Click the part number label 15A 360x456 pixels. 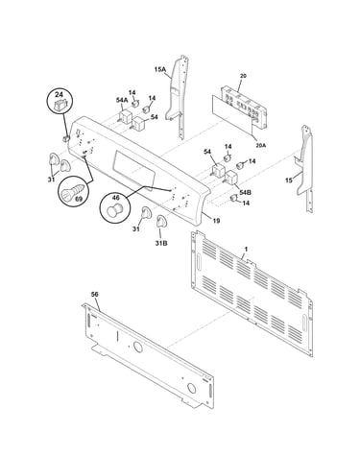(159, 69)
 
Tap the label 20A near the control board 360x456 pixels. (261, 145)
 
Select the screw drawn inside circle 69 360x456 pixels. (73, 191)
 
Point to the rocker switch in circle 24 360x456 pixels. (60, 105)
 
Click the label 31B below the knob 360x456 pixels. (161, 244)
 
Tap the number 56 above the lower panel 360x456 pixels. (95, 294)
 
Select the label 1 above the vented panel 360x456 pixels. (246, 249)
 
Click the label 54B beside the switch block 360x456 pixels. (245, 192)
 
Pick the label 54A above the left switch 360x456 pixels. (122, 100)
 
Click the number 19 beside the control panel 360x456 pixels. (216, 221)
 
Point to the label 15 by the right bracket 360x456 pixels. (289, 180)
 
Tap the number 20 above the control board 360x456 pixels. (243, 76)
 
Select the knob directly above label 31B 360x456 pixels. (160, 222)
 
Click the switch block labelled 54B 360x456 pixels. (231, 179)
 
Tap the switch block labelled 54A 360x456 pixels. (124, 116)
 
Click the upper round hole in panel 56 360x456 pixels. (138, 348)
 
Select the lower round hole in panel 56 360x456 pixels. (191, 388)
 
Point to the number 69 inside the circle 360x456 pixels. (79, 199)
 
